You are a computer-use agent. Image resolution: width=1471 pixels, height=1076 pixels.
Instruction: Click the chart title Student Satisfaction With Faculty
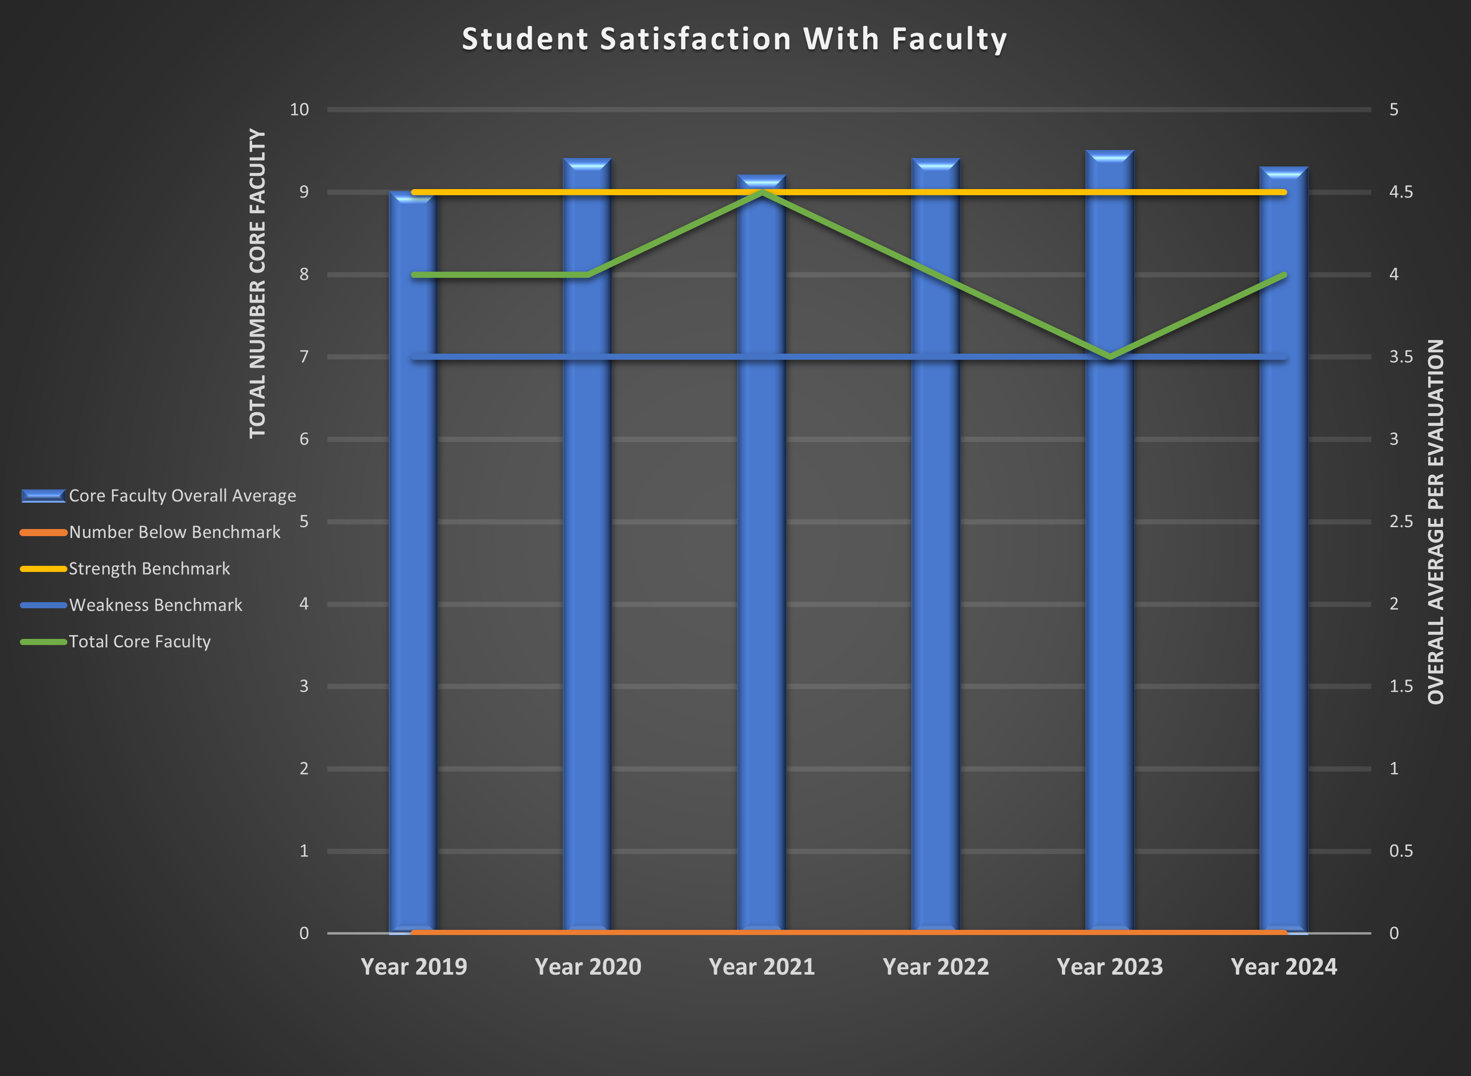(734, 39)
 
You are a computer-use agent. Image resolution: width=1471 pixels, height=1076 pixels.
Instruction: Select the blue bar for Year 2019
(413, 586)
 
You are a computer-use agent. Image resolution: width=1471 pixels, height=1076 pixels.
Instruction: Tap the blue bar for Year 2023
(1110, 586)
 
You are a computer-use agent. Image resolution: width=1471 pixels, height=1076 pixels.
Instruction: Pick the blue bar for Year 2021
(762, 586)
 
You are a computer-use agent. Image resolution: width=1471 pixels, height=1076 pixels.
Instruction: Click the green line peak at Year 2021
(762, 193)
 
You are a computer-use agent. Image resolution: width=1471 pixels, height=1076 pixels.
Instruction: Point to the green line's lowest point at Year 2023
(1110, 356)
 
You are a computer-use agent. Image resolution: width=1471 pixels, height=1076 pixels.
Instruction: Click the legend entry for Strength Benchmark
(149, 569)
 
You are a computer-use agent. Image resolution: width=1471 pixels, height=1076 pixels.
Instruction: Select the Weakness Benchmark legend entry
(155, 605)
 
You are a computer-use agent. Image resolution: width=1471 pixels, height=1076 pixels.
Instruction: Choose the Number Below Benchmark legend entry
(174, 532)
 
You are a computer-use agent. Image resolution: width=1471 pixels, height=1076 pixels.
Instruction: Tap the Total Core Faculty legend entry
(140, 642)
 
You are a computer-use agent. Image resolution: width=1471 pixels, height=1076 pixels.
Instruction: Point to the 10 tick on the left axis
(299, 109)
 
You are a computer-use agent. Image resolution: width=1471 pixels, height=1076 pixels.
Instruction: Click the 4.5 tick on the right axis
(1401, 192)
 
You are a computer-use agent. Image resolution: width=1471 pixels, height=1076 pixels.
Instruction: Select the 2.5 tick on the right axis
(1401, 521)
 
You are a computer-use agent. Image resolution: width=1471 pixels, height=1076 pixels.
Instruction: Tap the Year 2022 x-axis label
(935, 967)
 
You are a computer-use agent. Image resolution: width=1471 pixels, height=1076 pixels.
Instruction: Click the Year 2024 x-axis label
(1283, 967)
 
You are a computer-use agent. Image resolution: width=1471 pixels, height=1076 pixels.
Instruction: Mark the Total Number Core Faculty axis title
(258, 283)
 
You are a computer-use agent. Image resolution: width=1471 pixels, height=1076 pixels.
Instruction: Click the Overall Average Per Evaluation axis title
(1435, 521)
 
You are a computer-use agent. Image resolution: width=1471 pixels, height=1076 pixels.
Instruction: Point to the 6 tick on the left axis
(304, 439)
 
